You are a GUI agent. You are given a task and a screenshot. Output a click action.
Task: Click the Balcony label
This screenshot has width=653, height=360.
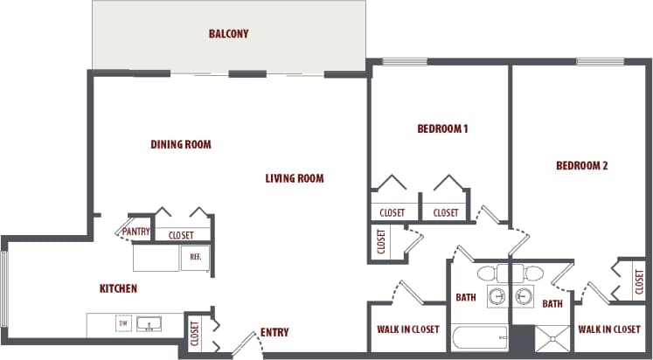(228, 34)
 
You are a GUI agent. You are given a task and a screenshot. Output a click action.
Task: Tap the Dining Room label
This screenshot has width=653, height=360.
(181, 144)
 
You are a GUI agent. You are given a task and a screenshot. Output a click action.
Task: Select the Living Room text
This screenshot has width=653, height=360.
(295, 178)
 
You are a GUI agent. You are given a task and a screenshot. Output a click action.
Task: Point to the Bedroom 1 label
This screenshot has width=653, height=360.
(442, 129)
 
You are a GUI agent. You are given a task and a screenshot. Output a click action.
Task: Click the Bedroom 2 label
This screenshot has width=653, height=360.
(581, 165)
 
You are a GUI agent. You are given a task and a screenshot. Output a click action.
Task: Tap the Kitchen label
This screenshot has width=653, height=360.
(118, 288)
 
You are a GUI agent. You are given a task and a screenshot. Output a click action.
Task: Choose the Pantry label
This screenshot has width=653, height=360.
(136, 232)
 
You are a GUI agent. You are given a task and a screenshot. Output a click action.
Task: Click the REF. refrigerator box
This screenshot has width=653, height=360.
(194, 258)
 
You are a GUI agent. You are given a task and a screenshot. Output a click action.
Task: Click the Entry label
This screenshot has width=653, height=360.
(274, 332)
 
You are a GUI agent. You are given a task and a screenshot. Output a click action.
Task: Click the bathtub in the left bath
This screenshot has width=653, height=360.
(479, 337)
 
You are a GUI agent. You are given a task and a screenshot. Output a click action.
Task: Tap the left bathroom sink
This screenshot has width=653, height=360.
(497, 294)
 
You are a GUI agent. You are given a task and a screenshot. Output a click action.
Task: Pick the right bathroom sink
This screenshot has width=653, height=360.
(524, 294)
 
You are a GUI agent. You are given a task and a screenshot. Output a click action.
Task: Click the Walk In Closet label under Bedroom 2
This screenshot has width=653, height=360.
(609, 329)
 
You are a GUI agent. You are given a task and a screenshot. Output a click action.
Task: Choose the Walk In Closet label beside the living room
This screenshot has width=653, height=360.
(407, 329)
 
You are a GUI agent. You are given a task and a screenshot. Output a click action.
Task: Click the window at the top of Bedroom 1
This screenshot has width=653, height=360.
(403, 61)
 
